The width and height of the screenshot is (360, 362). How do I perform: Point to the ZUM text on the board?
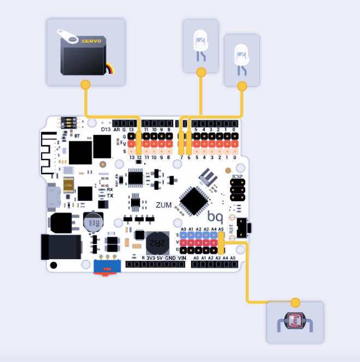tap(164, 205)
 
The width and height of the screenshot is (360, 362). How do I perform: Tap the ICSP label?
tap(237, 177)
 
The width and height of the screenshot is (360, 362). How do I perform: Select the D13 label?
tap(107, 130)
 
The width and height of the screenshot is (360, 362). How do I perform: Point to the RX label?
tap(110, 189)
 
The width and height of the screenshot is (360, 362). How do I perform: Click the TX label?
tap(110, 196)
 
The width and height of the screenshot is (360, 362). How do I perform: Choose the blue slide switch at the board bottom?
tap(107, 267)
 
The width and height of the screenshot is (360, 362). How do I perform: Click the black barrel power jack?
tap(60, 246)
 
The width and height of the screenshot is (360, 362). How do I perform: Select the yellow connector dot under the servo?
tap(85, 85)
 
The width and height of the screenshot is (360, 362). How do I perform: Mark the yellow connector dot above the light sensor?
tap(296, 302)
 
